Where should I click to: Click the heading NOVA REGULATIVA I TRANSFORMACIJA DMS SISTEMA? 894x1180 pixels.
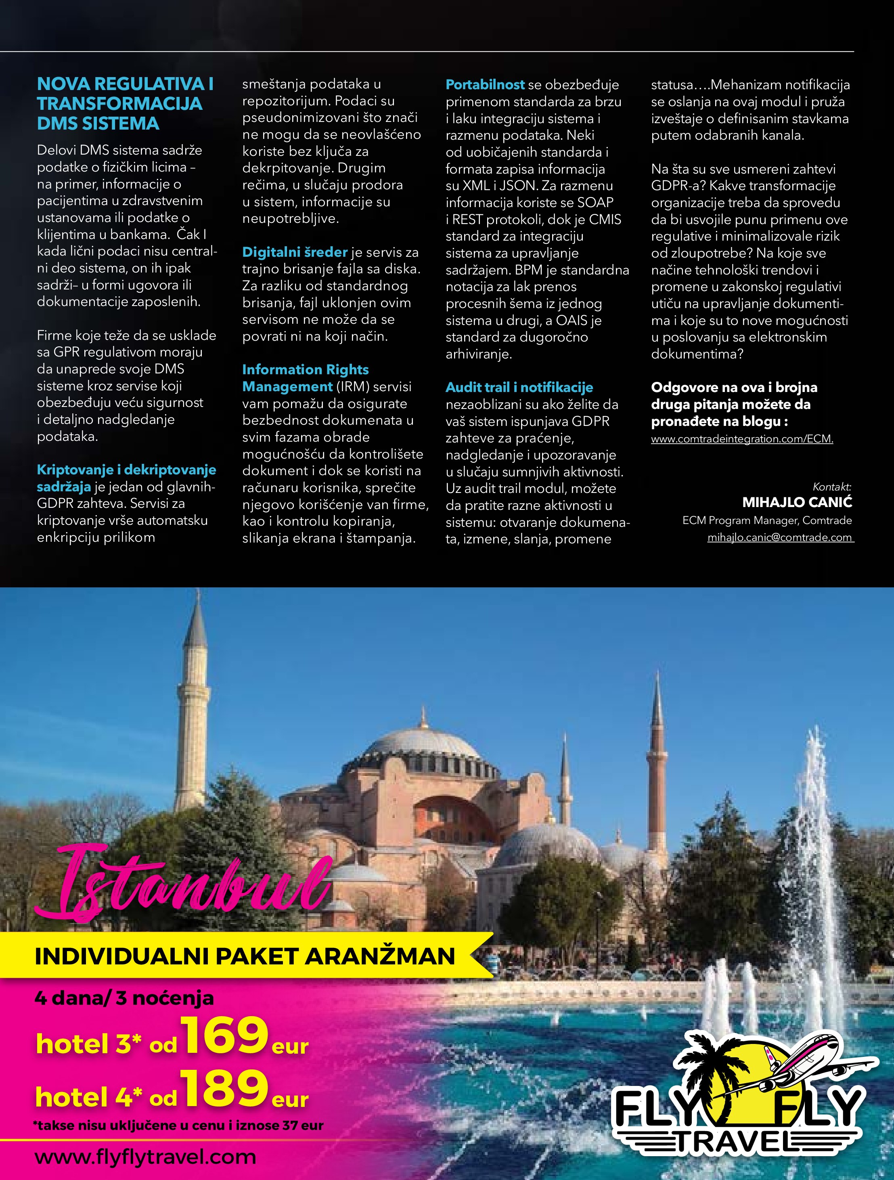125,103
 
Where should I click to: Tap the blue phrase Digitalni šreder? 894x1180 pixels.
295,252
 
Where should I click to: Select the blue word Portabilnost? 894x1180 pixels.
485,85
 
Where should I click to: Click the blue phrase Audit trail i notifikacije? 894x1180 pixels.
519,387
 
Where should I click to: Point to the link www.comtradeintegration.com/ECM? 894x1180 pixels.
741,439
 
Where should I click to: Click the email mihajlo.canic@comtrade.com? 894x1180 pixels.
779,537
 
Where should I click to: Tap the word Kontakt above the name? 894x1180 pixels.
831,486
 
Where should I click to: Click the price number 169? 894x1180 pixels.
224,1035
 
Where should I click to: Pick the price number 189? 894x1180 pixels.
224,1089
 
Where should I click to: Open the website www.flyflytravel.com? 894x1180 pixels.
145,1157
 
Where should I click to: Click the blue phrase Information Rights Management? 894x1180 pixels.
305,378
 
